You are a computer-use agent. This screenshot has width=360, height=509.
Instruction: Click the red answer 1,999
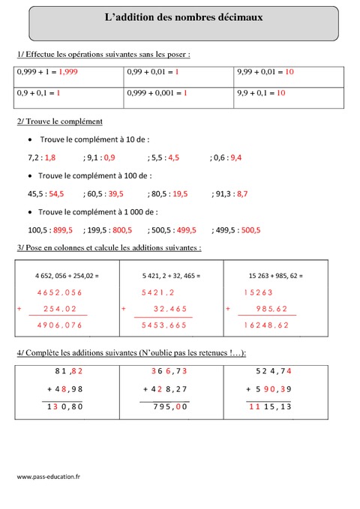coord(69,72)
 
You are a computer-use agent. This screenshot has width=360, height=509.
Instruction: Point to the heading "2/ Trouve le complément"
coord(59,121)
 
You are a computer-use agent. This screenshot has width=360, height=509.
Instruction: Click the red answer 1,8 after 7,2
coord(50,157)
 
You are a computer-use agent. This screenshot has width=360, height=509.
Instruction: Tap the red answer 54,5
coord(56,193)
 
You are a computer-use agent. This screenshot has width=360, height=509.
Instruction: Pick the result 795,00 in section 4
coord(170,406)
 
